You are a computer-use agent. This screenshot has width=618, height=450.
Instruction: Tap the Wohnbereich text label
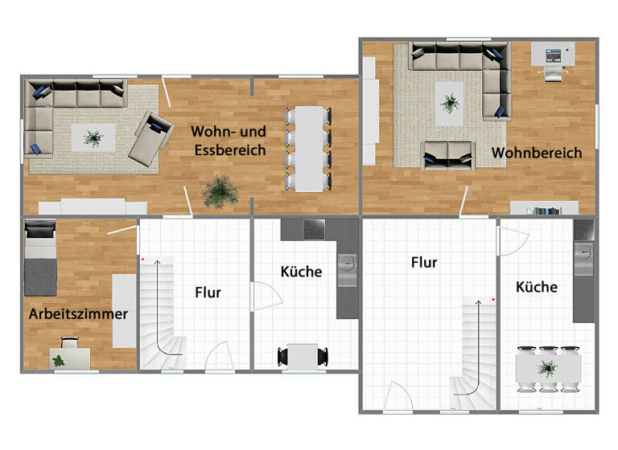(537, 153)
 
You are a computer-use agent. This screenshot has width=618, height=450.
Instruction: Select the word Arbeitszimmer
(78, 313)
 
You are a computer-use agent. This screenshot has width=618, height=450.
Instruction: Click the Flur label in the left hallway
(208, 292)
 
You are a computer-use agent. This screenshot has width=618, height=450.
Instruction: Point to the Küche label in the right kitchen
(537, 286)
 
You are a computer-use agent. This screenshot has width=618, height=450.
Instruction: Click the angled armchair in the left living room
(151, 137)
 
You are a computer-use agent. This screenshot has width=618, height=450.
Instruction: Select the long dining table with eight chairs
(307, 149)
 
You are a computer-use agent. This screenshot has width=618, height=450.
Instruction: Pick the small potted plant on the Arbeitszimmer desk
(60, 361)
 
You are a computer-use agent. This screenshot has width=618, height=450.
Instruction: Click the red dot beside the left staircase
(142, 260)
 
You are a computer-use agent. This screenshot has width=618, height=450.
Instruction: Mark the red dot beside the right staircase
(492, 300)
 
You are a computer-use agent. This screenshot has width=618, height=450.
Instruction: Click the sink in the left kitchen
(348, 265)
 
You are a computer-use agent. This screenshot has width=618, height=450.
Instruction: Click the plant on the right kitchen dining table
(548, 369)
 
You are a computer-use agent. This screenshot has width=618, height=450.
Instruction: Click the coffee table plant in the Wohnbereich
(449, 103)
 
